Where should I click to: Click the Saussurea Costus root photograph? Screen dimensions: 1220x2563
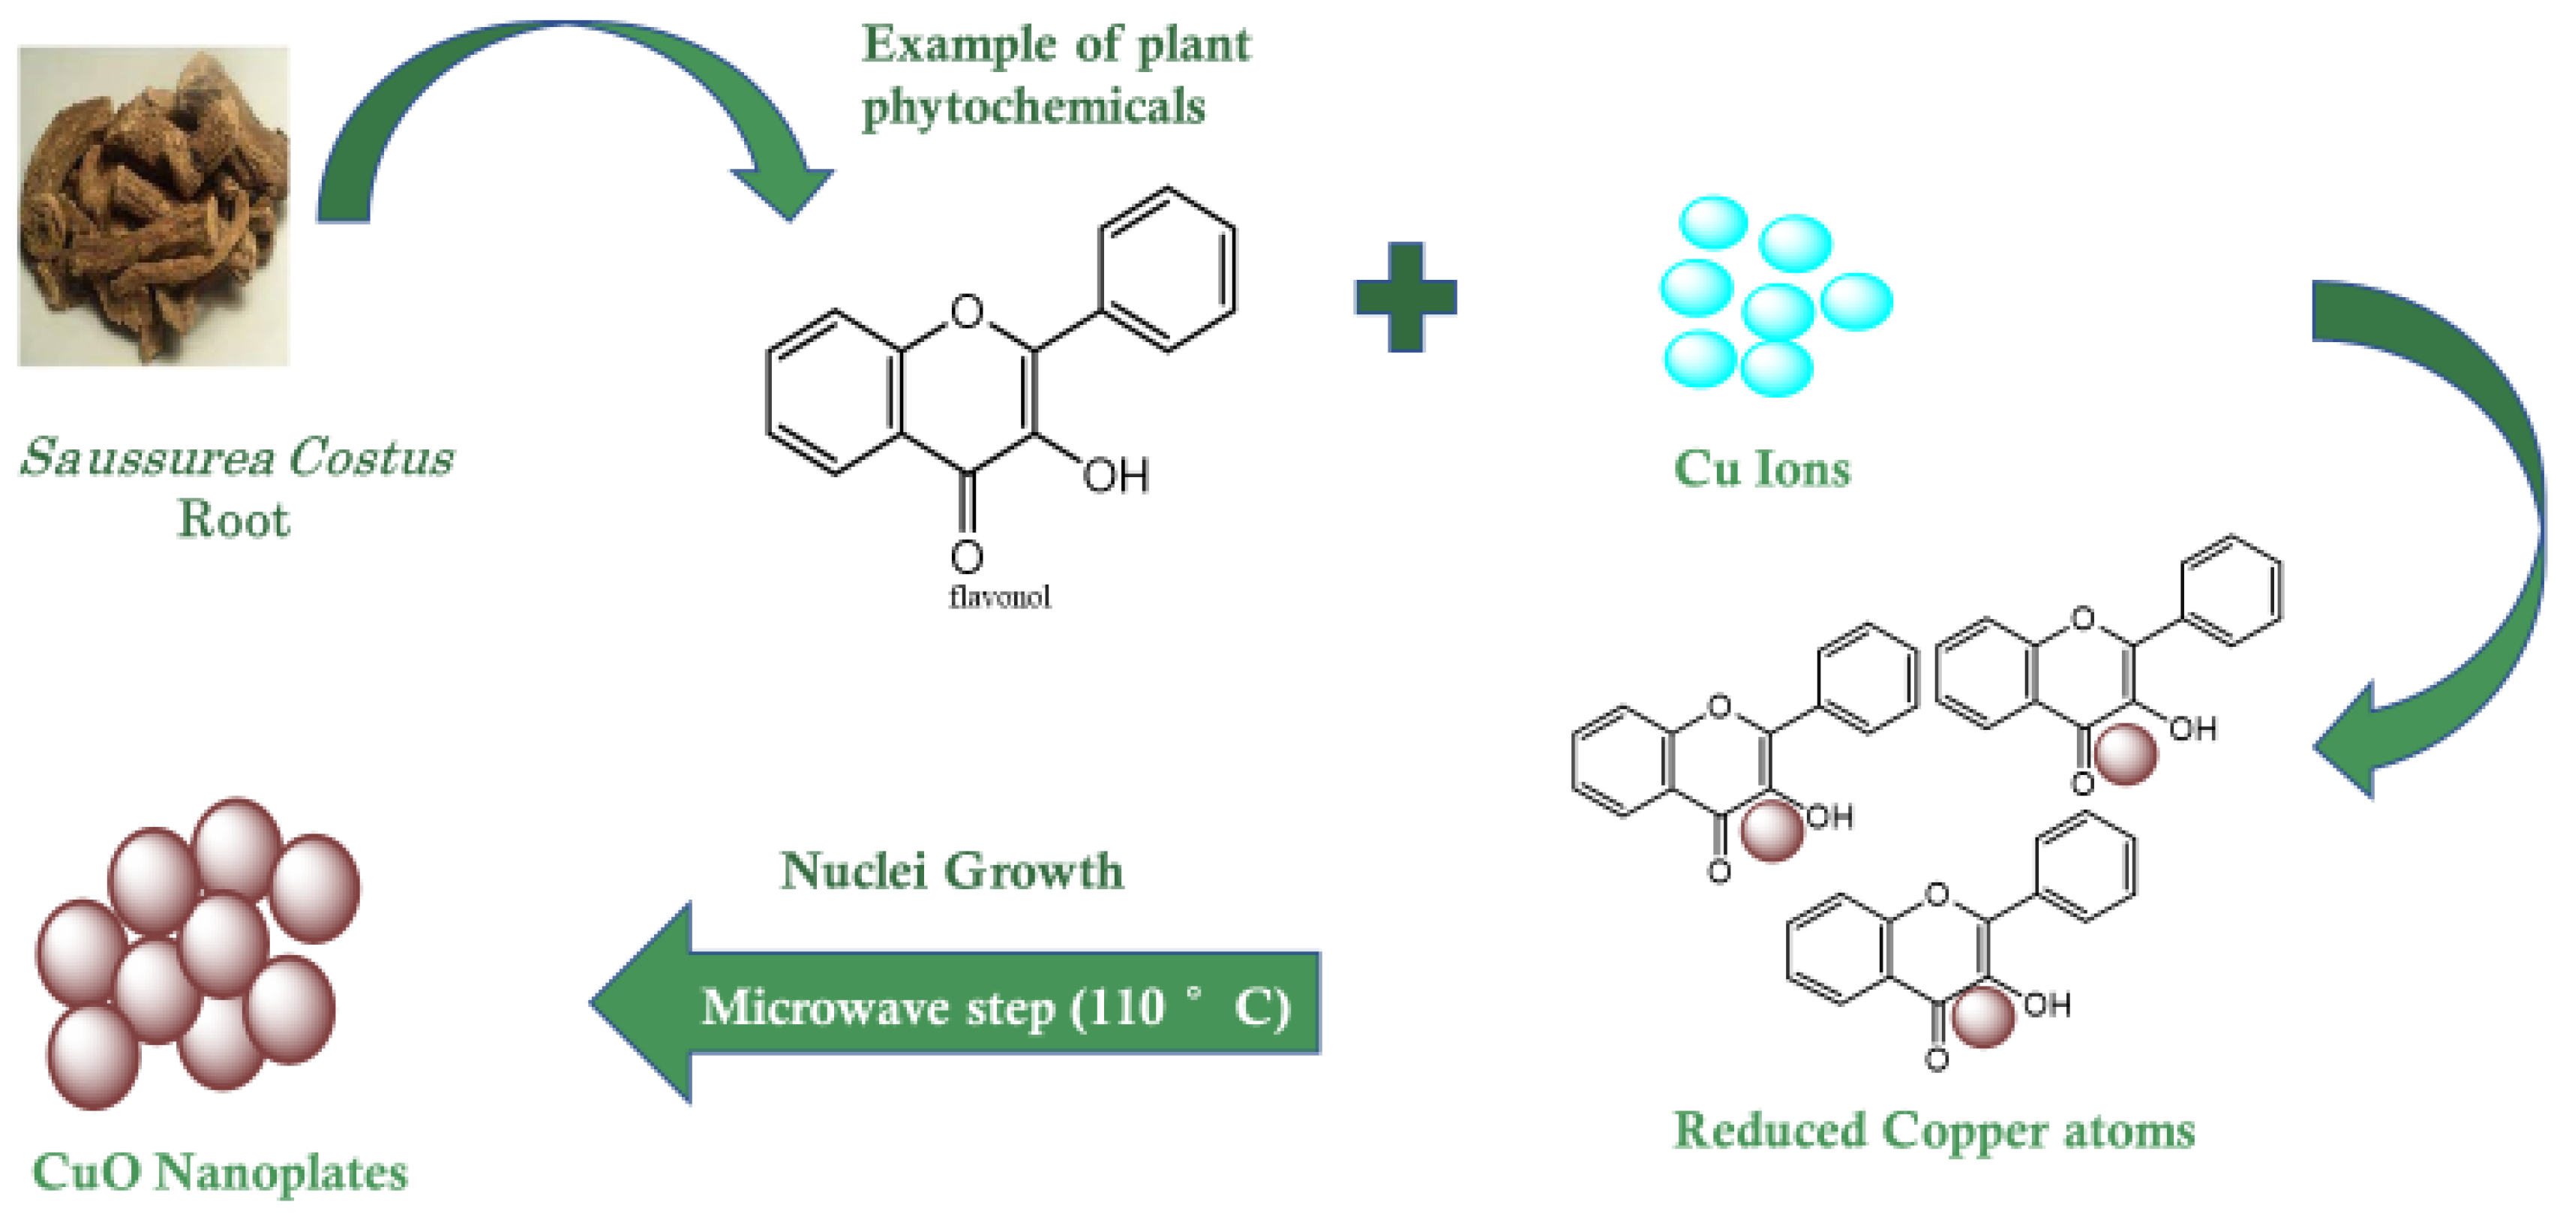point(155,206)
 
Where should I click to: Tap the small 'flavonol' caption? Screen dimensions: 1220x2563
point(999,597)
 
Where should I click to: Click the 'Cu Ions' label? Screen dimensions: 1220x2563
point(1761,469)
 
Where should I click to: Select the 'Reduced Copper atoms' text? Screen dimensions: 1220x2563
point(1933,1131)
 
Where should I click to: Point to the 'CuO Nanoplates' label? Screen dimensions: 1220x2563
point(220,1171)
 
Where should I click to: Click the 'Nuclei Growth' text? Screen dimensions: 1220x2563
point(951,872)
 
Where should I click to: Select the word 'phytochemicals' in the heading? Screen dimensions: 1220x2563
point(1033,107)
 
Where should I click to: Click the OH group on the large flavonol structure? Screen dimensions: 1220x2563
point(1116,476)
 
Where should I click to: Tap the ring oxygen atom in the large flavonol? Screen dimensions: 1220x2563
point(966,311)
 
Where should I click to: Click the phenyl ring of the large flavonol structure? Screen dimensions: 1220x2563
point(1167,269)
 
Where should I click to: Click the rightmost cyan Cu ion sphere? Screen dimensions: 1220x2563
point(1856,301)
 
